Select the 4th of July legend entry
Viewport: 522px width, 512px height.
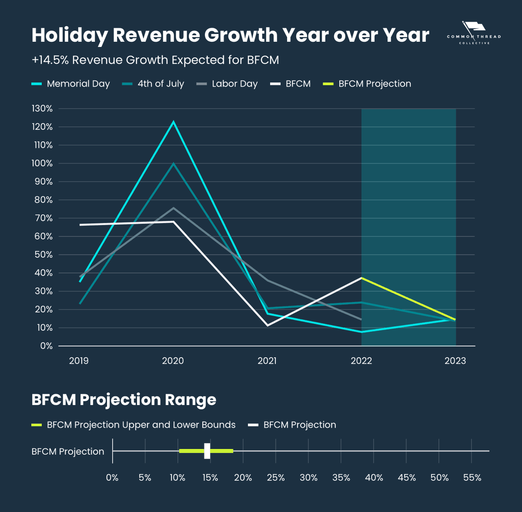(153, 84)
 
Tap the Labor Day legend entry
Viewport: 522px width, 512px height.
(227, 84)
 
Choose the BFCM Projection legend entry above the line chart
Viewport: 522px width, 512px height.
(367, 84)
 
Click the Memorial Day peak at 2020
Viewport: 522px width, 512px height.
(174, 122)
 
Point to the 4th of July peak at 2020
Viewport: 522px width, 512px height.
(174, 163)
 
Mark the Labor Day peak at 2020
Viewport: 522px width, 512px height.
(173, 208)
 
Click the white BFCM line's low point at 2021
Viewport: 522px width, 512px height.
(268, 325)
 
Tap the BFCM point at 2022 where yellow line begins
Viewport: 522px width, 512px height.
(361, 278)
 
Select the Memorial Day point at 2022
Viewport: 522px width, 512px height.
(361, 332)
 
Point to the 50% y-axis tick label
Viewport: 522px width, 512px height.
(43, 255)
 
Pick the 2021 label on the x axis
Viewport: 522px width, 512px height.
(267, 361)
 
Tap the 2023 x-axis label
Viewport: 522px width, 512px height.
(455, 361)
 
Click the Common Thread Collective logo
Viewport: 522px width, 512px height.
(474, 33)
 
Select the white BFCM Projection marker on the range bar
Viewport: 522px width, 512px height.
(207, 451)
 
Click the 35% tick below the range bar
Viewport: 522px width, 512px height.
(341, 478)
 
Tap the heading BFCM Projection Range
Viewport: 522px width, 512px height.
(124, 400)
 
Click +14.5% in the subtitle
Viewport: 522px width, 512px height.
(50, 60)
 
